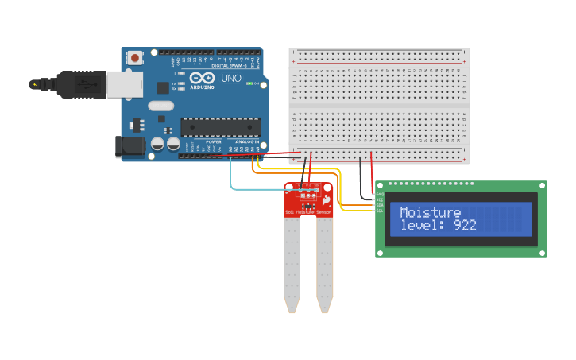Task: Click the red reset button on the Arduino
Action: coord(136,57)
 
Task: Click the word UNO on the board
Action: coord(230,79)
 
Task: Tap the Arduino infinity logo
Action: coord(201,79)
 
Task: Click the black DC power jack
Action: coord(130,146)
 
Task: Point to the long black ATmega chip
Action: coord(220,126)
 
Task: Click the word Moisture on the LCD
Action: coord(430,212)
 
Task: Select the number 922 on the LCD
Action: coord(465,226)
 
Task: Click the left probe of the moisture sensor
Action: coord(292,262)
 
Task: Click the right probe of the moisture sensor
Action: coord(324,262)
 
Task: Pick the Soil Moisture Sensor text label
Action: coord(308,213)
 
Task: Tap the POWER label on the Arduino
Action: coord(214,141)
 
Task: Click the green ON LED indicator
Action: coord(250,83)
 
